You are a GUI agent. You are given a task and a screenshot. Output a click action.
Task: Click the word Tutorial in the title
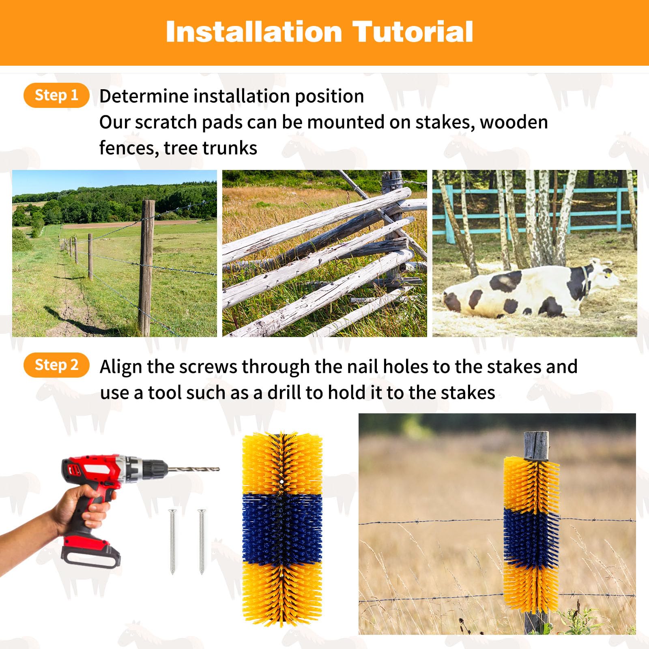413,32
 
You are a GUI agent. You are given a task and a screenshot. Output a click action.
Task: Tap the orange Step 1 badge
56,95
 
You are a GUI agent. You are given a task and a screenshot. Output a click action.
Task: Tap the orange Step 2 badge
56,365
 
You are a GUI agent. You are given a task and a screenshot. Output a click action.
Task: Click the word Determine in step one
144,97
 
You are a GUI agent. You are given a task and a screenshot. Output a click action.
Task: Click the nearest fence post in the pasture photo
146,268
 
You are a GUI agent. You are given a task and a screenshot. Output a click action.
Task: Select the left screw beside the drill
172,542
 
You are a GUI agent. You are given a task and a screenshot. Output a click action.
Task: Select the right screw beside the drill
202,542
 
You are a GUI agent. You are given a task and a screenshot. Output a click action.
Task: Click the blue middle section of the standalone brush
282,529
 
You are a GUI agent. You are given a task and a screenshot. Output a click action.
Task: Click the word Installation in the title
254,32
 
